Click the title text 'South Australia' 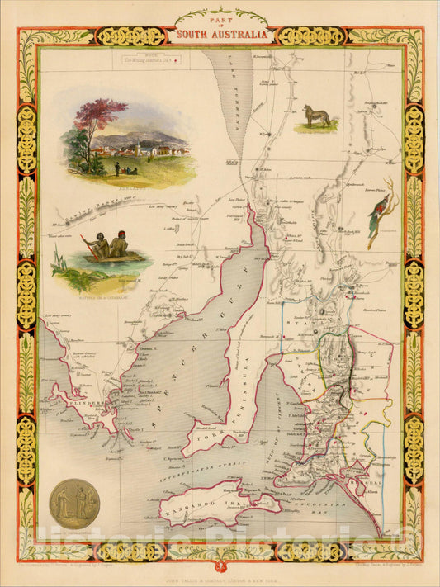pos(220,36)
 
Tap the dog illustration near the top pos(316,116)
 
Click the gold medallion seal pos(75,504)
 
